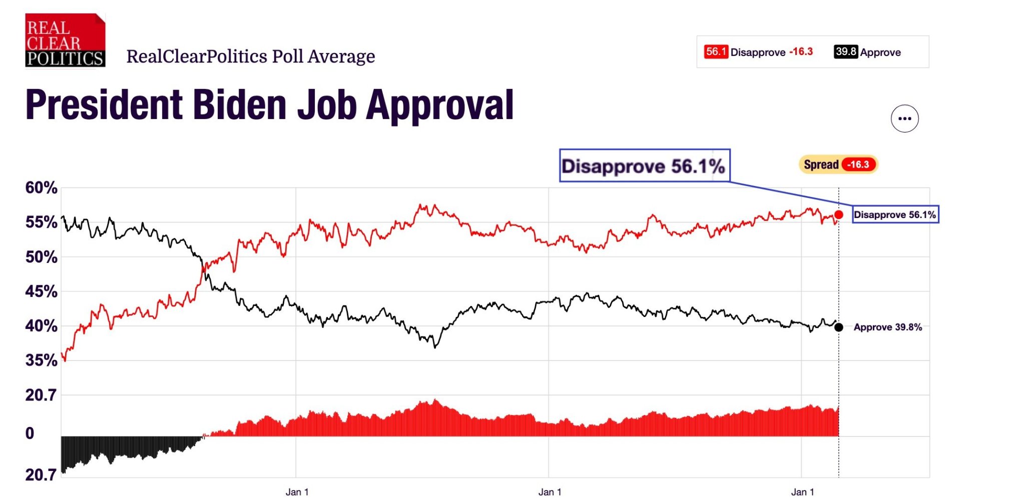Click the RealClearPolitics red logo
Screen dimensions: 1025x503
65,40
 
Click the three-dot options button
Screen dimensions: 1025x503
904,118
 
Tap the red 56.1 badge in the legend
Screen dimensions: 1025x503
716,51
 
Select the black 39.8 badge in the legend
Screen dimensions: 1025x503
846,51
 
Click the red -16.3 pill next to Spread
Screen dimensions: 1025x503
858,164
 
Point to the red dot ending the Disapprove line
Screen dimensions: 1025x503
839,214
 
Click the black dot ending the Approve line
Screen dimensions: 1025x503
839,327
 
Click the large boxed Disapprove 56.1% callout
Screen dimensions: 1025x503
645,165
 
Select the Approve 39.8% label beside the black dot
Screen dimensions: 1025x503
888,327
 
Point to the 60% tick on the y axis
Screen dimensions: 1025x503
42,188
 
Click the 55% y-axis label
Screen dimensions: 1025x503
42,222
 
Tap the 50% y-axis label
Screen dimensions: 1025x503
42,257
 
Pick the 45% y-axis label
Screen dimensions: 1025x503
42,291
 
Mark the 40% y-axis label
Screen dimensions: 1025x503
42,326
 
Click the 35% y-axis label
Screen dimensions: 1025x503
42,360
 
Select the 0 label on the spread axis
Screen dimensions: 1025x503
30,433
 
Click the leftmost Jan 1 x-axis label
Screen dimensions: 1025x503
297,492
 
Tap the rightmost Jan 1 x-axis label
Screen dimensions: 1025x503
802,492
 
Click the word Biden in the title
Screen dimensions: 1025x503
240,105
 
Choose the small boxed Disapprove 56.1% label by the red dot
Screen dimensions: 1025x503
895,214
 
